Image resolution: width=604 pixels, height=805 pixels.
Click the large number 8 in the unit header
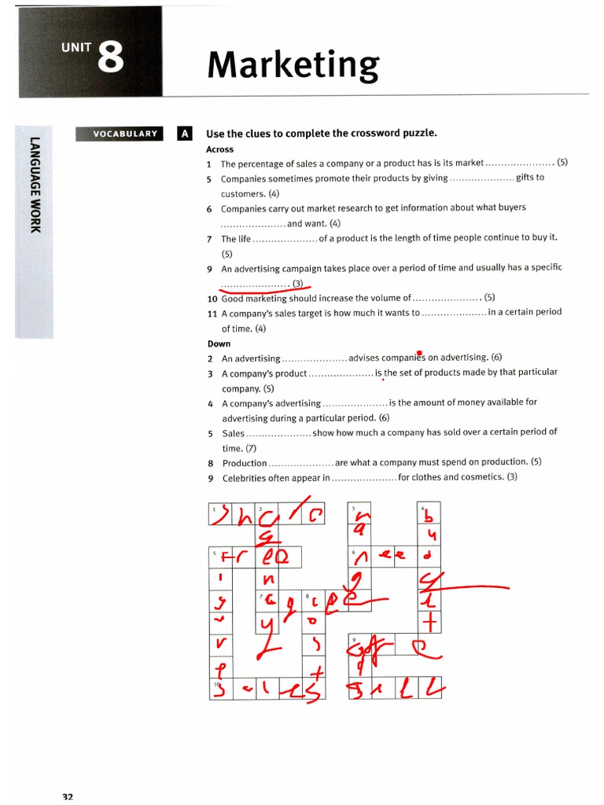pos(111,57)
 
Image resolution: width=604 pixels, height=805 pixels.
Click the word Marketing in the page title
pos(293,64)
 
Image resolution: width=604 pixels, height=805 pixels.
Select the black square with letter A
pos(185,134)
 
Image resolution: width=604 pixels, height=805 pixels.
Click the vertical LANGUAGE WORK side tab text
pos(35,186)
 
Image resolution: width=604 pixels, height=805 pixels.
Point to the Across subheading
pos(219,149)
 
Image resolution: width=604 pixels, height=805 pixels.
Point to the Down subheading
pos(219,344)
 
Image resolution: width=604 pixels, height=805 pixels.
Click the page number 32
pos(68,797)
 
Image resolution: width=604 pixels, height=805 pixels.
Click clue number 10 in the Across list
pos(212,298)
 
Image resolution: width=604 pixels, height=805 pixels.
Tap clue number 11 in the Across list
pos(212,312)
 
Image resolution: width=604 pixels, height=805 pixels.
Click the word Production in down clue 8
pos(245,463)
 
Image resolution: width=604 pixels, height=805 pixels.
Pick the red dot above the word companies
pos(420,353)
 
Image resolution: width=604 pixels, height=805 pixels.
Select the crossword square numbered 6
pos(360,558)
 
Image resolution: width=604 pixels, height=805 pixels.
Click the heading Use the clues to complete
pos(321,134)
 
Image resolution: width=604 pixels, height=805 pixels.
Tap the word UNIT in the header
pos(76,47)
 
